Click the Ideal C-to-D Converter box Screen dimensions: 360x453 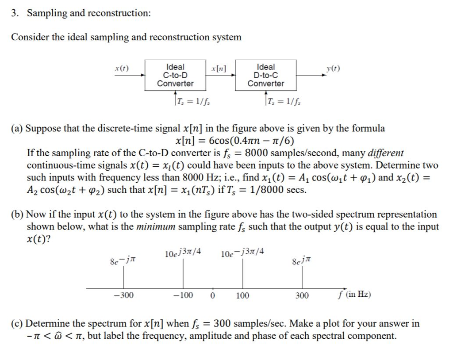pyautogui.click(x=176, y=75)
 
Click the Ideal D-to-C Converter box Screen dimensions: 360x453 pyautogui.click(x=266, y=75)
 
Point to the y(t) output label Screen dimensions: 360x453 pyautogui.click(x=333, y=69)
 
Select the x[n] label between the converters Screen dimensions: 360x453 pyautogui.click(x=219, y=69)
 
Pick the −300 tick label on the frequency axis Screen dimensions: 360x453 pyautogui.click(x=123, y=295)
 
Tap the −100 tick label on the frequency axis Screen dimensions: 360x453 pyautogui.click(x=184, y=295)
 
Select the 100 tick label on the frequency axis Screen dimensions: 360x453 pyautogui.click(x=242, y=295)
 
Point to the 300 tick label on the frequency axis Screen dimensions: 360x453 pyautogui.click(x=302, y=295)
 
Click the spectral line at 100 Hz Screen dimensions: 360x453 pyautogui.click(x=242, y=274)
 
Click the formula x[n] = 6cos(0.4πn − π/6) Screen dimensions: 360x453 pyautogui.click(x=234, y=141)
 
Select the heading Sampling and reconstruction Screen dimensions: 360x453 pyautogui.click(x=88, y=13)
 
